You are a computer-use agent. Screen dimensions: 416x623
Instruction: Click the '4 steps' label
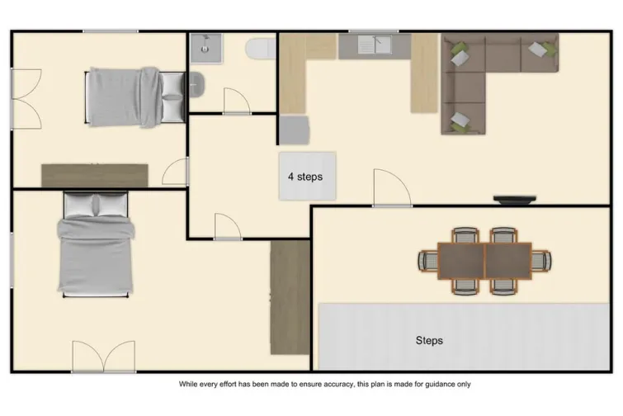click(x=304, y=177)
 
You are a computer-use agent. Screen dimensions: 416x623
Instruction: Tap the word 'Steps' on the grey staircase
click(x=429, y=340)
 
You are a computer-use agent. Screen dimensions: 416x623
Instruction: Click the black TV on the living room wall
click(x=516, y=199)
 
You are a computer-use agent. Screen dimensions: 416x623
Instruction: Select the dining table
click(x=484, y=261)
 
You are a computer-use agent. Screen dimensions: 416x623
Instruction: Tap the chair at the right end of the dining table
click(x=541, y=261)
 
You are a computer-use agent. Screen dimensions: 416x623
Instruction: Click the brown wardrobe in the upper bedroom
click(x=95, y=175)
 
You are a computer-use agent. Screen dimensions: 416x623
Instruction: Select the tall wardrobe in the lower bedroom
click(x=290, y=297)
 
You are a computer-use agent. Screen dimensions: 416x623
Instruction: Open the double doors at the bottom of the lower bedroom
click(x=103, y=357)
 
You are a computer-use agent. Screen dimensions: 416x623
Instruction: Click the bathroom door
click(x=237, y=102)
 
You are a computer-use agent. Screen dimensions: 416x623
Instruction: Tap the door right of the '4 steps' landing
click(x=391, y=189)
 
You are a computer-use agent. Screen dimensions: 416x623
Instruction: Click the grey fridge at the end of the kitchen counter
click(x=295, y=130)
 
